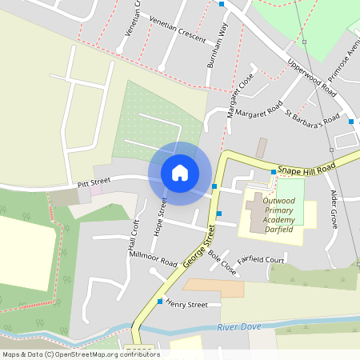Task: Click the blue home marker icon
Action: (x=180, y=172)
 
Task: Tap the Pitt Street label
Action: (x=93, y=184)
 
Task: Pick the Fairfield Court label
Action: (x=261, y=260)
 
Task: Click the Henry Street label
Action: (x=187, y=305)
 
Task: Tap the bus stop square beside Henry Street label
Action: (x=161, y=302)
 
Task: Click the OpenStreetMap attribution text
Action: (x=81, y=354)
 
